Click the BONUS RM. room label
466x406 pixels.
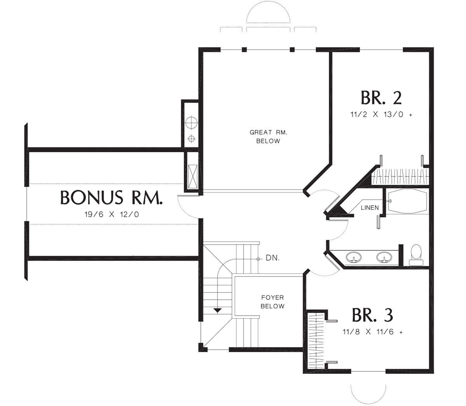pyautogui.click(x=111, y=197)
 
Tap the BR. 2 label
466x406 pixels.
pyautogui.click(x=381, y=98)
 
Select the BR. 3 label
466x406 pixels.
pyautogui.click(x=373, y=315)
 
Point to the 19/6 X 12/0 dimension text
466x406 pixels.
pyautogui.click(x=111, y=214)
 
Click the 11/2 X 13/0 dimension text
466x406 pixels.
pyautogui.click(x=381, y=114)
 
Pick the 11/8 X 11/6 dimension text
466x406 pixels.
pyautogui.click(x=373, y=332)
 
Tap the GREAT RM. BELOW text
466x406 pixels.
pyautogui.click(x=268, y=136)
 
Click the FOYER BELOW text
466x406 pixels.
pyautogui.click(x=272, y=302)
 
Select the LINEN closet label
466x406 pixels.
pyautogui.click(x=370, y=207)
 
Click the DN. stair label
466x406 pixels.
pyautogui.click(x=272, y=258)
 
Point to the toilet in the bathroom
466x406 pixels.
pyautogui.click(x=416, y=255)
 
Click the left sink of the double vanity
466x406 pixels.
pyautogui.click(x=353, y=257)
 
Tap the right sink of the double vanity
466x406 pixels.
pyautogui.click(x=384, y=257)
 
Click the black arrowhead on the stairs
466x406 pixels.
pyautogui.click(x=218, y=310)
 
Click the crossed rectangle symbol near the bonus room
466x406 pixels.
pyautogui.click(x=193, y=176)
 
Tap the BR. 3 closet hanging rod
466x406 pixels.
pyautogui.click(x=316, y=341)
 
